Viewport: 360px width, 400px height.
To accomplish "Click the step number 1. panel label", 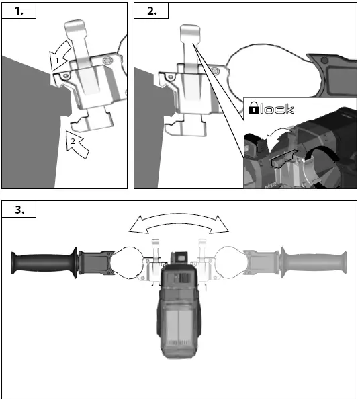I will [17, 11].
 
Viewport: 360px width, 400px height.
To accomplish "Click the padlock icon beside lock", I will [254, 108].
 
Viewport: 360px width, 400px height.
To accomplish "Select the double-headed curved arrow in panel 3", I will [179, 224].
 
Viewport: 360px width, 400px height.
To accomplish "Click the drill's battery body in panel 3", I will [179, 329].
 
